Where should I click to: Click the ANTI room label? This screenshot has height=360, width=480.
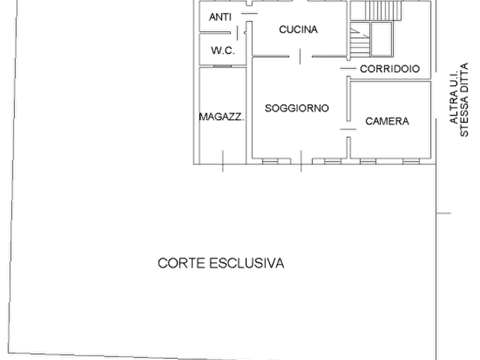click(220, 17)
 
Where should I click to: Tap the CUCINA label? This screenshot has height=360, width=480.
click(298, 30)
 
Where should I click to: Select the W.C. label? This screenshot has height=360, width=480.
click(223, 50)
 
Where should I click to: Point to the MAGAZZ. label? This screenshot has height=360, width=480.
click(222, 117)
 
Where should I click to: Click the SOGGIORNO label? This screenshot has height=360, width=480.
click(297, 108)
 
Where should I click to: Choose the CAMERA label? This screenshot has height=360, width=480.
click(387, 121)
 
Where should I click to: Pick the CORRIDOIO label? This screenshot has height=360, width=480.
click(390, 69)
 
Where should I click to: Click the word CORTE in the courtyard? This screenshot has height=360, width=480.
click(181, 263)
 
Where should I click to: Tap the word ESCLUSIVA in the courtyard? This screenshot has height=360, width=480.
click(247, 263)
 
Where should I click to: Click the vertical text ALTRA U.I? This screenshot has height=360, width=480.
click(454, 97)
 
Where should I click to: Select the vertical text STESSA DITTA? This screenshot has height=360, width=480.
click(464, 100)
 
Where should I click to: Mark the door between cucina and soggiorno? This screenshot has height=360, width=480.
click(300, 56)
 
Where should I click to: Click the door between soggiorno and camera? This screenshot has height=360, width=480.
click(348, 129)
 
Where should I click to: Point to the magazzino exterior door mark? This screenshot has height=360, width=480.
click(223, 161)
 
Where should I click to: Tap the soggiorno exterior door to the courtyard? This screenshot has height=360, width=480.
click(301, 161)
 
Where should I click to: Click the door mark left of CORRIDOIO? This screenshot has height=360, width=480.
click(348, 69)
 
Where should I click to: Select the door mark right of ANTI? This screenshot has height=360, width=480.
click(249, 13)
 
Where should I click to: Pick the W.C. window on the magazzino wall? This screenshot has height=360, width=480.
click(223, 66)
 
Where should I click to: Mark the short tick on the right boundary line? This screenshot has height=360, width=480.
click(443, 213)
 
